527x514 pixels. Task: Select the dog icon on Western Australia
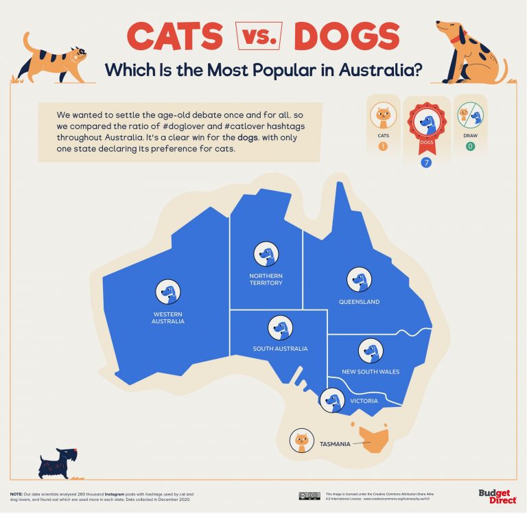(x=168, y=292)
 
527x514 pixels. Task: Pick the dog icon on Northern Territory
(x=266, y=254)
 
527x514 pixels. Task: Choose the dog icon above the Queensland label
(x=359, y=280)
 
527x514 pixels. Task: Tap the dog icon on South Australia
(x=279, y=327)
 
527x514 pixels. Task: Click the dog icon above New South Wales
(x=371, y=351)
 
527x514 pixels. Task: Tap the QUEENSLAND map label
(x=359, y=302)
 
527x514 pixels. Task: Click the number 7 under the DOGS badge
(x=426, y=163)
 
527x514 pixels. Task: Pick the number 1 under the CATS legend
(x=383, y=145)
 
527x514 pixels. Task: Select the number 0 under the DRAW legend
(x=470, y=145)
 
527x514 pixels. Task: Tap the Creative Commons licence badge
(x=309, y=495)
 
